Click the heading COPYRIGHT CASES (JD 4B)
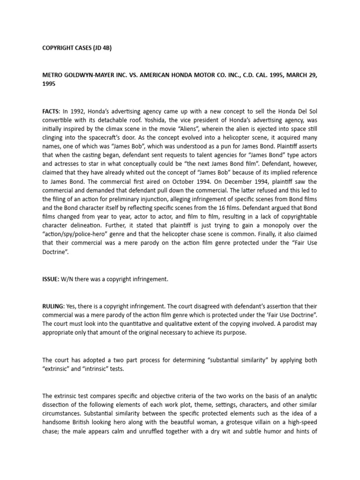[x=76, y=47]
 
